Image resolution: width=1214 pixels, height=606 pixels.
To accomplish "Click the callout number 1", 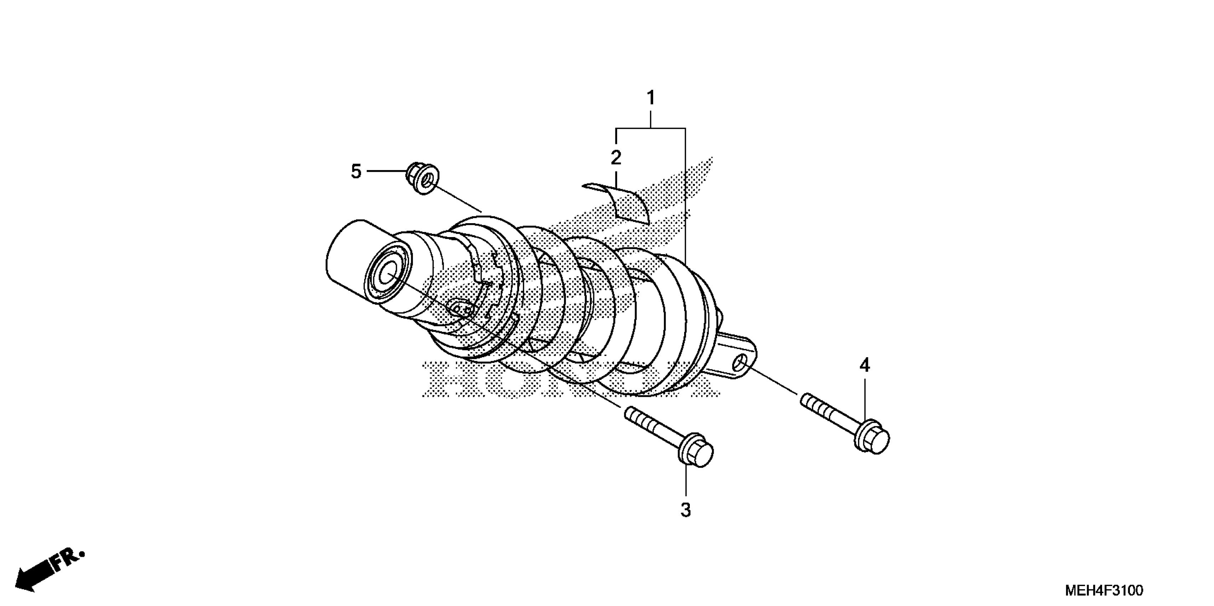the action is pyautogui.click(x=650, y=98).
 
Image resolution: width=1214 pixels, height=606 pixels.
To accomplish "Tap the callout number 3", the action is pyautogui.click(x=686, y=510).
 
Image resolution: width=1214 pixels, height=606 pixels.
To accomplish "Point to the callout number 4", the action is pyautogui.click(x=864, y=365).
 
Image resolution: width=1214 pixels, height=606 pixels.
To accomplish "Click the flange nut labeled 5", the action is pyautogui.click(x=423, y=178).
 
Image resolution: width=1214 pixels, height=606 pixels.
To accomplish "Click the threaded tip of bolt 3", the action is pyautogui.click(x=634, y=416).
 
